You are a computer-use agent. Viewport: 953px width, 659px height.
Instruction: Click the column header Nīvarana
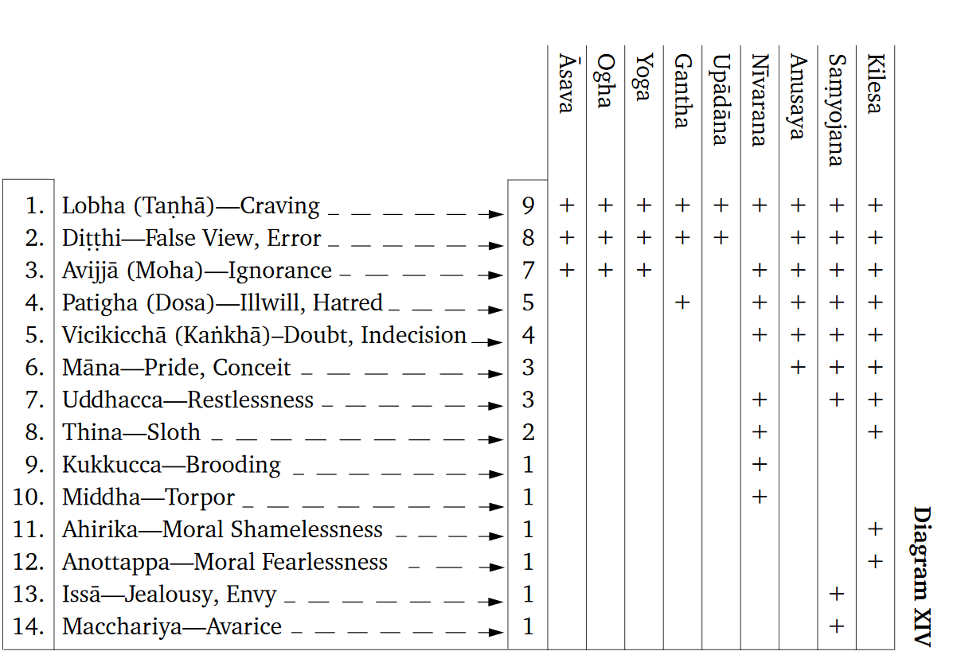click(x=759, y=100)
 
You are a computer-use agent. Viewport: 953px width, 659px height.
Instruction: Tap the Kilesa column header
click(x=875, y=84)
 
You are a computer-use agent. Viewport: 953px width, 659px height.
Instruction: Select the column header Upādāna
click(x=721, y=100)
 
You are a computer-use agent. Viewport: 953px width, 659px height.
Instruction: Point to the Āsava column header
click(x=566, y=84)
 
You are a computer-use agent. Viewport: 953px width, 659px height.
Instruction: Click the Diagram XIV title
click(x=921, y=575)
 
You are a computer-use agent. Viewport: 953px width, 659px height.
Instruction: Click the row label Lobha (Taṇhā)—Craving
click(x=191, y=206)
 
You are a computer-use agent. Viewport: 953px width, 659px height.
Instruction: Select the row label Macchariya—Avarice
click(x=172, y=627)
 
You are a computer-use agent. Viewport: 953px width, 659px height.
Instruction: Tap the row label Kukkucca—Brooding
click(x=172, y=465)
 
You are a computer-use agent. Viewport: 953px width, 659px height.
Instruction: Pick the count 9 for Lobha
click(x=528, y=206)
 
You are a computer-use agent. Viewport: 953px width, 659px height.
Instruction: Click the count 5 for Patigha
click(x=528, y=303)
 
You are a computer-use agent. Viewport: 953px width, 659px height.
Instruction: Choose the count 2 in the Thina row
click(x=528, y=433)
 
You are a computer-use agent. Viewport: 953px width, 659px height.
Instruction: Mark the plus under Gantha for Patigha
click(x=682, y=303)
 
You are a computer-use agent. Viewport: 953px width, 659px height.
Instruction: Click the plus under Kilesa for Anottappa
click(x=875, y=562)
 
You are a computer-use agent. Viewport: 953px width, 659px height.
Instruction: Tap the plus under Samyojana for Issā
click(x=836, y=595)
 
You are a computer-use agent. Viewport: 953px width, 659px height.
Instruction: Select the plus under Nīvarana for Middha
click(x=759, y=497)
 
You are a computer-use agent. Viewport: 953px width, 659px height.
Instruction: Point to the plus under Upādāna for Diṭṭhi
click(x=721, y=238)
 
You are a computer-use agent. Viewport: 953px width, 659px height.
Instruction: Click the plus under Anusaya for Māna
click(x=798, y=368)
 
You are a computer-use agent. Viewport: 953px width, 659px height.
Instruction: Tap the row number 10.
click(x=29, y=497)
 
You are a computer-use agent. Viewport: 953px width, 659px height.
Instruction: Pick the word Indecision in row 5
click(x=413, y=335)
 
